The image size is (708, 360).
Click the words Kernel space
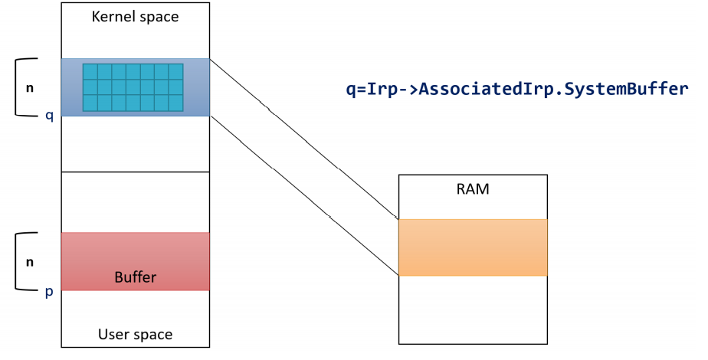[135, 17]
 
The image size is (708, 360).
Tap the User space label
[135, 334]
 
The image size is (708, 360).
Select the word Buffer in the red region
[135, 277]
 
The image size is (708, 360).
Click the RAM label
[472, 188]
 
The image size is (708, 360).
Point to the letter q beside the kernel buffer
[49, 116]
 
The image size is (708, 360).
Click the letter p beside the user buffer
[49, 293]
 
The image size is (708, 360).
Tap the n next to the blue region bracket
[30, 88]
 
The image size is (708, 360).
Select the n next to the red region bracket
[30, 262]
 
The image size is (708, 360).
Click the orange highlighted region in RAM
[473, 247]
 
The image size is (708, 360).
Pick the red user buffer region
[135, 261]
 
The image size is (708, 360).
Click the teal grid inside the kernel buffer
[133, 87]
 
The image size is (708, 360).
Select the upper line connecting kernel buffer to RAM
[304, 139]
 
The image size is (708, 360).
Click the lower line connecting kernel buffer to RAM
[304, 195]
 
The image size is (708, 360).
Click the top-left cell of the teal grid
[90, 72]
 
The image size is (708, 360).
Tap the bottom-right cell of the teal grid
[176, 103]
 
